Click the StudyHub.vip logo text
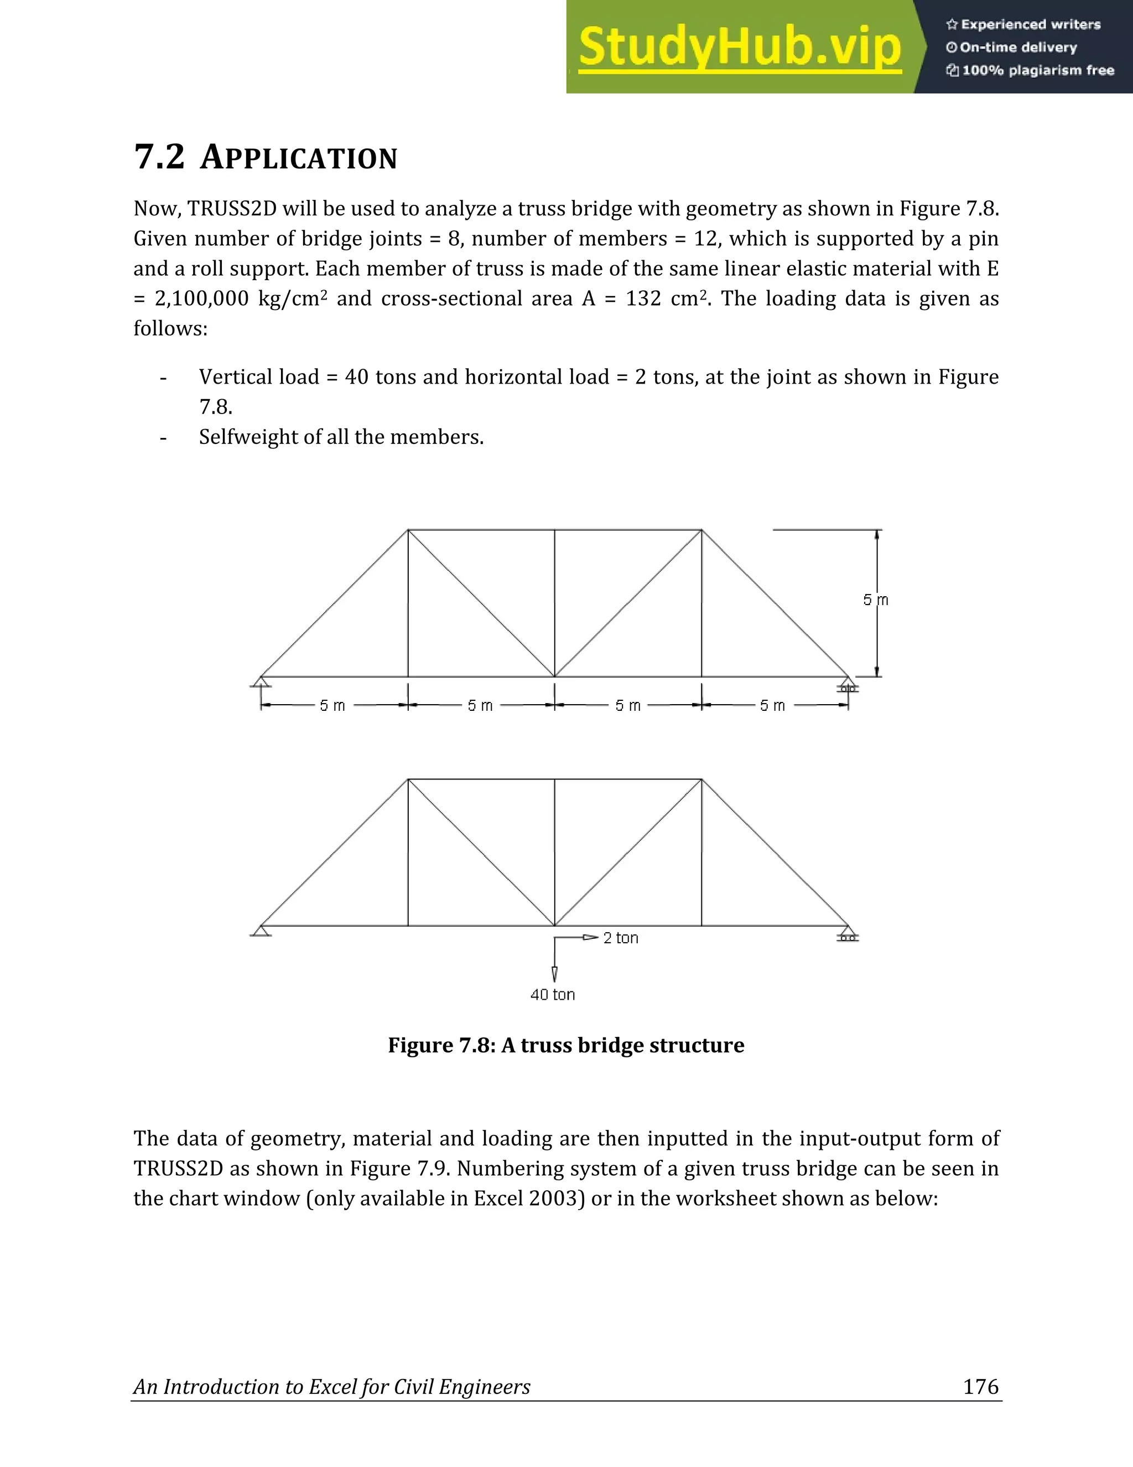(x=739, y=47)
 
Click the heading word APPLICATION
(x=299, y=158)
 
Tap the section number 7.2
(x=159, y=157)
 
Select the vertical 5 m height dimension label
(x=875, y=600)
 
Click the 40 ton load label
(x=553, y=995)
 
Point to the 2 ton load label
(x=620, y=938)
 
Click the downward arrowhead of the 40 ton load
(x=554, y=974)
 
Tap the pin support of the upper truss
(x=261, y=683)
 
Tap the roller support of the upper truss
(x=848, y=685)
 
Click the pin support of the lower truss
(x=261, y=931)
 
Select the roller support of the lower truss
(x=848, y=934)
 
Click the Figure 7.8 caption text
(x=566, y=1045)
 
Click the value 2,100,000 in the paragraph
(x=201, y=299)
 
